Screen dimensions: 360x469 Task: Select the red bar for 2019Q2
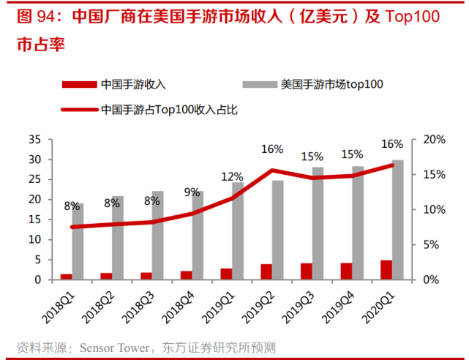coord(266,271)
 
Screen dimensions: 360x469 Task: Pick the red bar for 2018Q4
coord(187,275)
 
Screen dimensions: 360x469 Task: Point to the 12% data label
coord(232,177)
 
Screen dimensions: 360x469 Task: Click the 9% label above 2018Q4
coord(192,192)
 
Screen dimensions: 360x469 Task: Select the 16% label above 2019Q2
coord(271,149)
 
